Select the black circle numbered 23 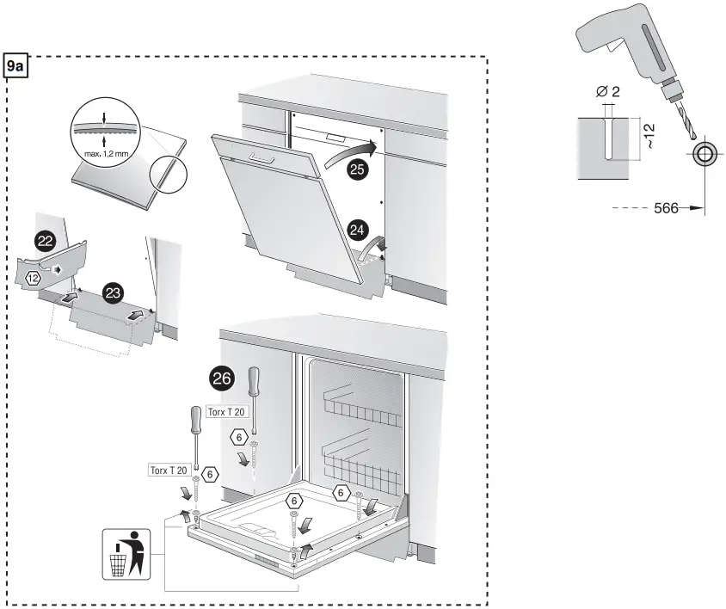pyautogui.click(x=112, y=293)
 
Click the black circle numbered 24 pyautogui.click(x=358, y=230)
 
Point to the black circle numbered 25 pyautogui.click(x=357, y=169)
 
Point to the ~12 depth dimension pyautogui.click(x=649, y=136)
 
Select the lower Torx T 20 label pyautogui.click(x=168, y=470)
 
